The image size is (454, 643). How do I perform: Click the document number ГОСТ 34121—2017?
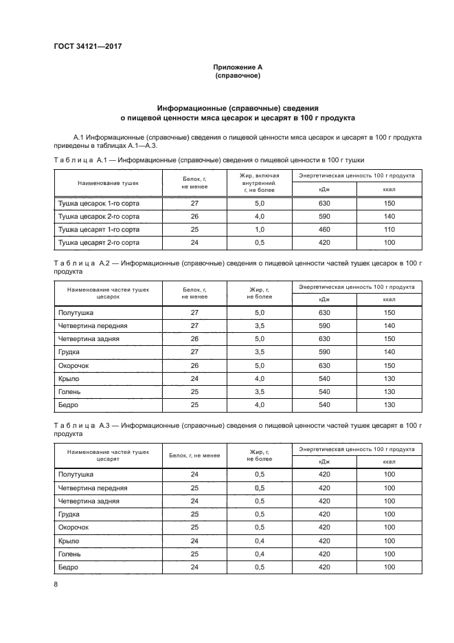(87, 47)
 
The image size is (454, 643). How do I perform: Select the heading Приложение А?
(238, 67)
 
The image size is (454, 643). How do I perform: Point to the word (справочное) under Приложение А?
(238, 75)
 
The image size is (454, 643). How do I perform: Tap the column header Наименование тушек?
(108, 184)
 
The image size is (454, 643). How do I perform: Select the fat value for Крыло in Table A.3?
(259, 541)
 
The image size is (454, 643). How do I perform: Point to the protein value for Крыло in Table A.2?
(194, 378)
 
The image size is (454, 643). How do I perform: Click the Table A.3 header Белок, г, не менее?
(194, 455)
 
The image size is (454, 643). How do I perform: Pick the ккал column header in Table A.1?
(389, 189)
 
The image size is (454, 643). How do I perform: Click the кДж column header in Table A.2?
(324, 298)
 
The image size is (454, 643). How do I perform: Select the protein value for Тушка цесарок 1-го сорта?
(194, 204)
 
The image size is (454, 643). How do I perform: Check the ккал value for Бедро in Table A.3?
(389, 567)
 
